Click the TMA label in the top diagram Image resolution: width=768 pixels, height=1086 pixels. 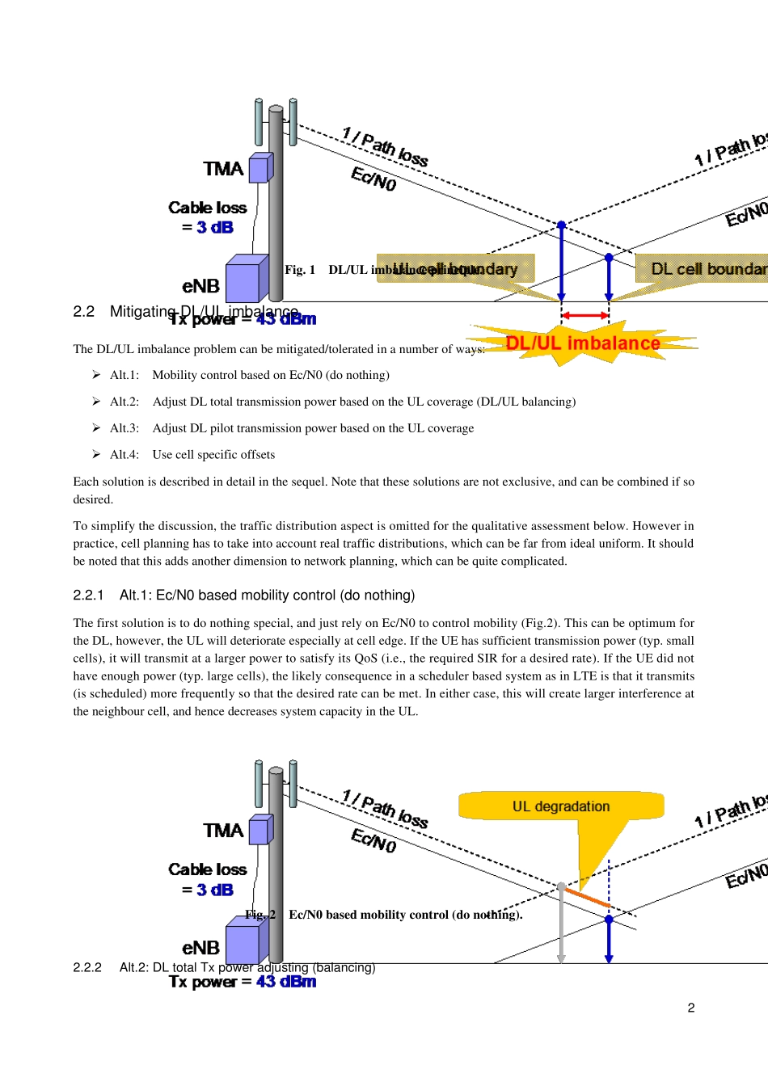(223, 169)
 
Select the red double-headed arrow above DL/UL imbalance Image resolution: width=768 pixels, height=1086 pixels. (584, 315)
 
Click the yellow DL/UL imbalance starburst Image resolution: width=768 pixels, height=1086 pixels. (582, 343)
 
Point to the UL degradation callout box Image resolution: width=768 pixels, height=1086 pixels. (561, 806)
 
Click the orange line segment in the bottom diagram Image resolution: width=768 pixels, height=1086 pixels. (586, 897)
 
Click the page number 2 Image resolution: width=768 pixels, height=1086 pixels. (691, 1008)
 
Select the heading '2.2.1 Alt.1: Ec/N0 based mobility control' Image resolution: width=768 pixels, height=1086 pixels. (243, 596)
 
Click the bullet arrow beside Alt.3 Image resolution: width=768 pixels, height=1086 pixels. (96, 427)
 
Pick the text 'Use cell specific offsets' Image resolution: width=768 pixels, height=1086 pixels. (213, 455)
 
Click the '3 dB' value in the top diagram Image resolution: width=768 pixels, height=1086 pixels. (215, 228)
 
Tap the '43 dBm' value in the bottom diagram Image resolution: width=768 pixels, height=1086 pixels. (286, 982)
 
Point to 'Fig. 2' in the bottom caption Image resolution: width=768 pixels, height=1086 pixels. (260, 915)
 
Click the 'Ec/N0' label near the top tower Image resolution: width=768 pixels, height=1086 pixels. (373, 179)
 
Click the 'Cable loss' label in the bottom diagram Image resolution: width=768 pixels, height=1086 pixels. (208, 869)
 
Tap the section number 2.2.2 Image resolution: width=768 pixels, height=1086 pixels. (87, 967)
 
